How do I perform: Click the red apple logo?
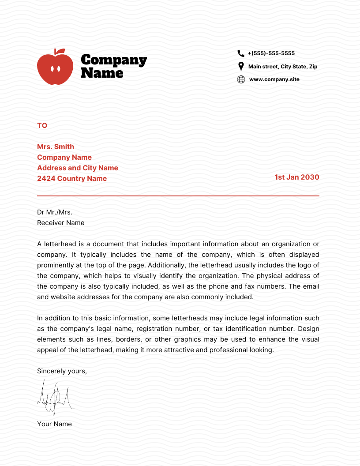[55, 68]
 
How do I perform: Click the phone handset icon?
[241, 53]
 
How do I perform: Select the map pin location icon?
[241, 67]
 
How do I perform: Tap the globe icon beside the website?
[241, 79]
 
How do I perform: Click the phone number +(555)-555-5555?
[271, 53]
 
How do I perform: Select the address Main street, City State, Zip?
[282, 67]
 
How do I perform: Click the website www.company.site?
[274, 79]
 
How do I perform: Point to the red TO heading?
[42, 126]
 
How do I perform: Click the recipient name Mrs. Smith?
[56, 147]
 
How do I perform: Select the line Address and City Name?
[78, 168]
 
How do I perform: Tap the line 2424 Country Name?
[72, 179]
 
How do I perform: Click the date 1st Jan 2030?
[296, 177]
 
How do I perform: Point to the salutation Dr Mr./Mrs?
[55, 212]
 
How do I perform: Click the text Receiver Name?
[60, 223]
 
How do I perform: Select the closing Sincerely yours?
[62, 371]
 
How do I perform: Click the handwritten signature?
[55, 397]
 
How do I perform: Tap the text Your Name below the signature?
[54, 424]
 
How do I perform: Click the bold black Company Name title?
[114, 66]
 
